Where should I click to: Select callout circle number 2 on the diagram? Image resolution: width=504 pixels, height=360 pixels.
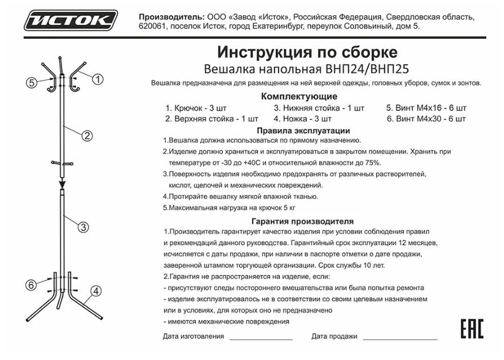tap(87, 135)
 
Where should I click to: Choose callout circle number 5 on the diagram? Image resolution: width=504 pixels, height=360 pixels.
tap(32, 83)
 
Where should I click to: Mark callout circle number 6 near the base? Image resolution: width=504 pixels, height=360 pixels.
tap(32, 285)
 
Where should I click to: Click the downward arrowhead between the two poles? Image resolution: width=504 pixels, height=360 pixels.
tap(62, 183)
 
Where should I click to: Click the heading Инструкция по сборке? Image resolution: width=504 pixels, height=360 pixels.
tap(307, 53)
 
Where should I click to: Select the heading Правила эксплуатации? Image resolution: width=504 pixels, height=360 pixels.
tap(303, 130)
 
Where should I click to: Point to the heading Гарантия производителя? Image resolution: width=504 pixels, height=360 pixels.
tap(303, 221)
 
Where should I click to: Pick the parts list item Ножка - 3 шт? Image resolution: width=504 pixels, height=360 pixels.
tap(303, 119)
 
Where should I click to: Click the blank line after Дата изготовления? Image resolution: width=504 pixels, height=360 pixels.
tap(261, 338)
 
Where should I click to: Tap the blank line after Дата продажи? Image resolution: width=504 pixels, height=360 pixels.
tap(400, 338)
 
